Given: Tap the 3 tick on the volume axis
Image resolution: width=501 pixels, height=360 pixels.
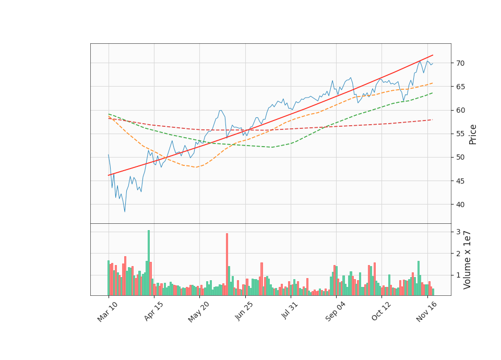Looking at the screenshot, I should [458, 232].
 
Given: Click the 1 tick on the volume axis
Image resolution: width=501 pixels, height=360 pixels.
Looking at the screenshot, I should [458, 274].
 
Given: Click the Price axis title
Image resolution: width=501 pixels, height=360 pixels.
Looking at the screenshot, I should [473, 134].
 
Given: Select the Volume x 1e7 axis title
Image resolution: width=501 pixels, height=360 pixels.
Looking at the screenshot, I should [468, 260].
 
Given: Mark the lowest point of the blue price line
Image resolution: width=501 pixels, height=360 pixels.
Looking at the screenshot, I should [125, 211].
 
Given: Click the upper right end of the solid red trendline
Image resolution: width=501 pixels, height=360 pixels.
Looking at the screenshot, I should [433, 55].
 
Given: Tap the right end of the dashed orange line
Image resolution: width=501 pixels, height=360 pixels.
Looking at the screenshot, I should [432, 83].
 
